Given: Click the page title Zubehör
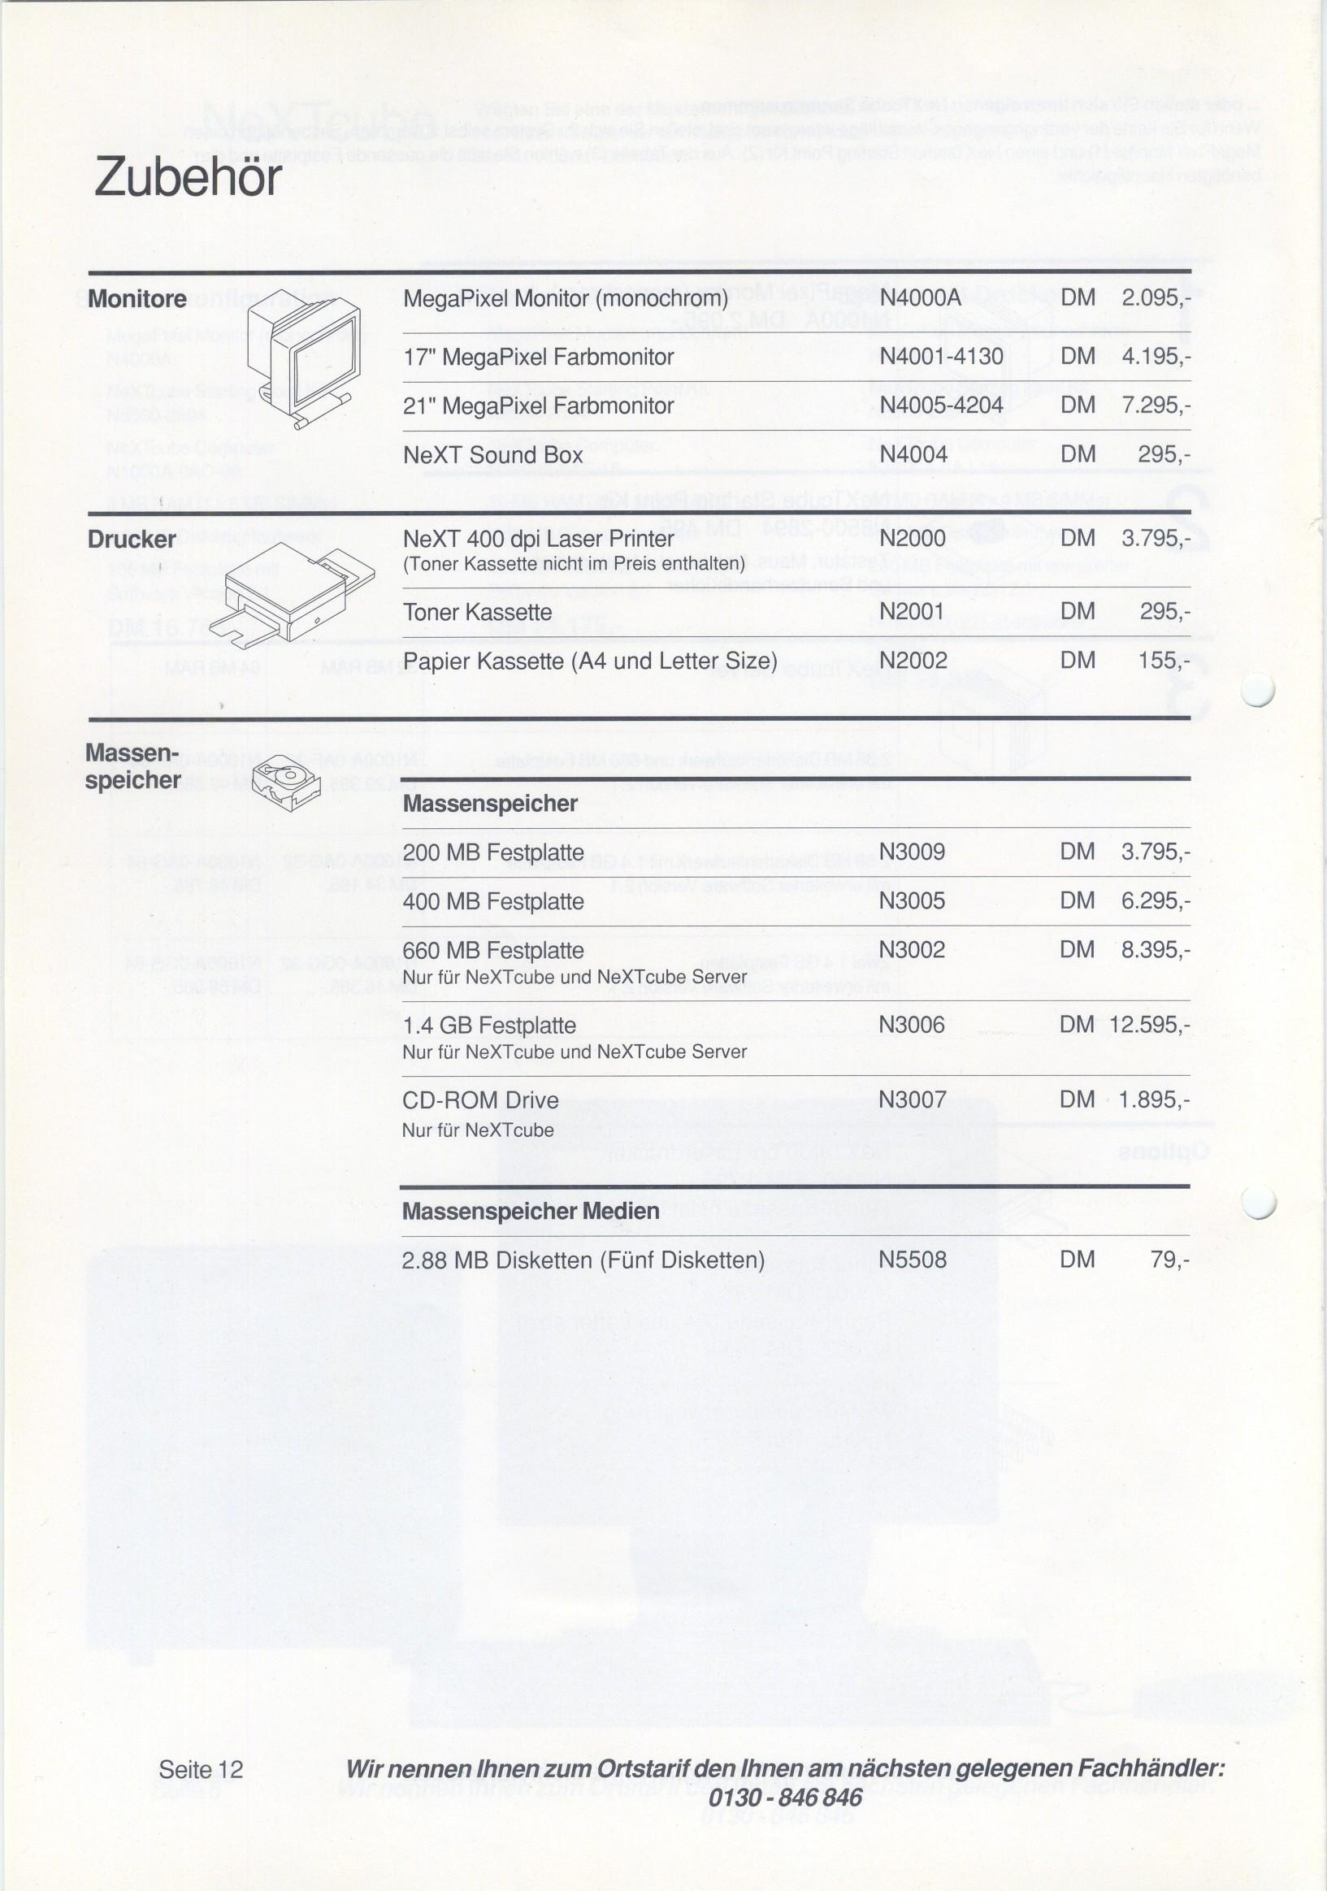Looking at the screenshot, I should tap(188, 177).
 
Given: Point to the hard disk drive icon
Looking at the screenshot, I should tap(284, 783).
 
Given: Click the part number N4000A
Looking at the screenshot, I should tap(920, 298).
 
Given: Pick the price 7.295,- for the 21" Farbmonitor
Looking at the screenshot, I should tap(1156, 406).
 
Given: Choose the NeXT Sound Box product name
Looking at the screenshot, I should tap(492, 454).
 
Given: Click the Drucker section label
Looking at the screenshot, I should tap(132, 540).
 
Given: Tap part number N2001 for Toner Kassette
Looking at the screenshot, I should tap(911, 612).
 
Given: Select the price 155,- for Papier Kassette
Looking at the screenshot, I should tap(1164, 661).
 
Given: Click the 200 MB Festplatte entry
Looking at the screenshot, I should tap(492, 852).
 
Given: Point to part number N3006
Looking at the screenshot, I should tap(911, 1026).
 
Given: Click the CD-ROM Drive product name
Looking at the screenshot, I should tap(480, 1100).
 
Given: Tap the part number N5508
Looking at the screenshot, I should tap(912, 1260).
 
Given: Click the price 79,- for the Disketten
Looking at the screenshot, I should tap(1169, 1260).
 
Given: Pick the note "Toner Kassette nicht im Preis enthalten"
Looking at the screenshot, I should tap(575, 564).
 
